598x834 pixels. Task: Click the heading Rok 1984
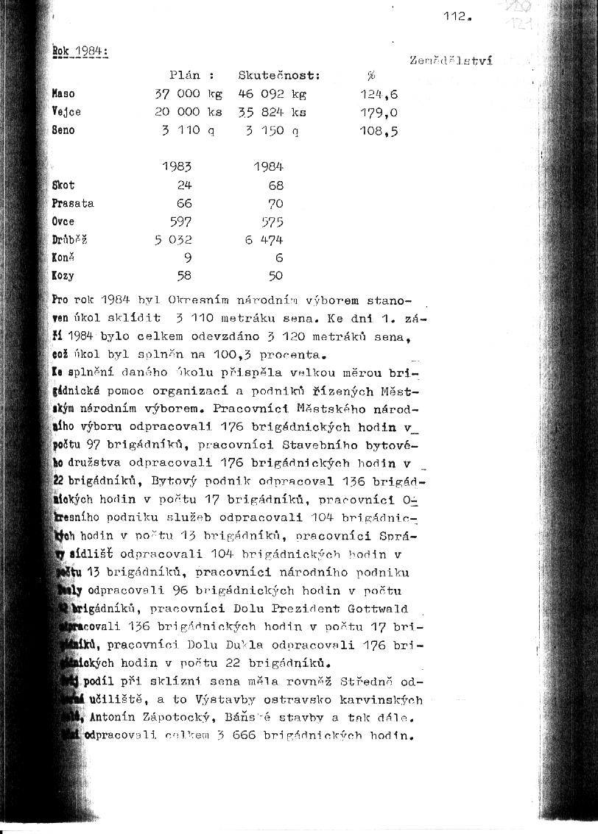point(80,52)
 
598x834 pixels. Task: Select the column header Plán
point(185,75)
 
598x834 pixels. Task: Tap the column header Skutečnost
point(279,75)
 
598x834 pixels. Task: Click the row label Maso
point(63,94)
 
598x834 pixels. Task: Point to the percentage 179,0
point(379,113)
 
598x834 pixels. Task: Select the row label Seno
point(63,130)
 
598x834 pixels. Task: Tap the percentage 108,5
point(379,131)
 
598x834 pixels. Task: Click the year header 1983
point(177,167)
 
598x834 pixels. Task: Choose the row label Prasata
point(73,203)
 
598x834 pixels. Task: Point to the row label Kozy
point(63,275)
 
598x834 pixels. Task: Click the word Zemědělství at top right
point(450,60)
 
